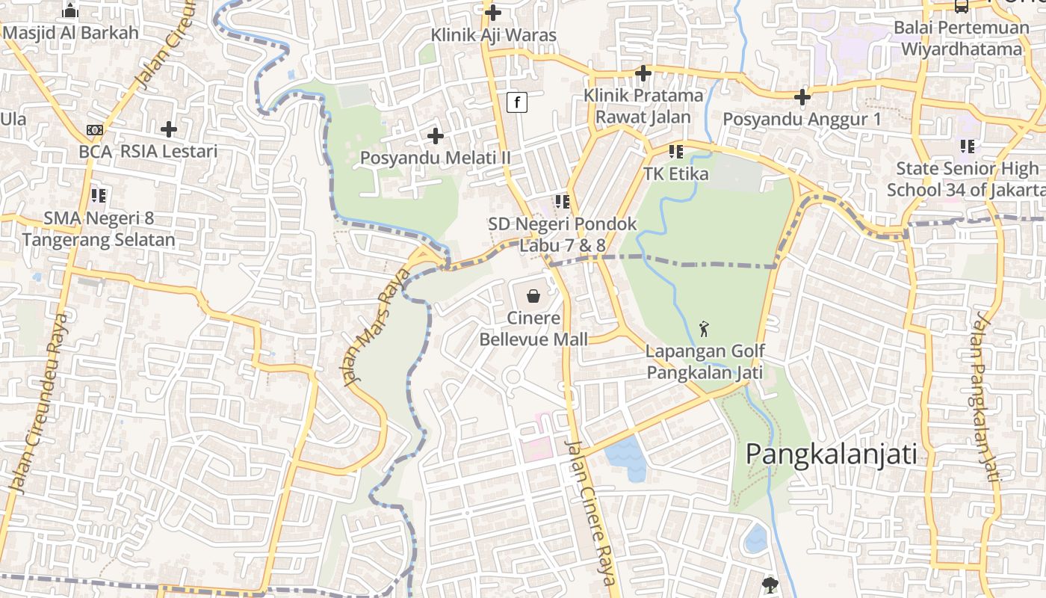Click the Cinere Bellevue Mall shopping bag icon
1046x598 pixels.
(x=533, y=296)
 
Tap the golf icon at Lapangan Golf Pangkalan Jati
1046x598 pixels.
(x=703, y=328)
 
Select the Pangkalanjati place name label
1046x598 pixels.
(x=831, y=454)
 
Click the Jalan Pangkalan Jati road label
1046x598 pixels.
(x=985, y=397)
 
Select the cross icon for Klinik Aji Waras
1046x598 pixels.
(x=492, y=12)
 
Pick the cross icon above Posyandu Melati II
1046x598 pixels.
(x=435, y=136)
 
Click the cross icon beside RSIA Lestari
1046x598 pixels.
(x=169, y=129)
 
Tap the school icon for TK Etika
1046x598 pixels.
(x=676, y=152)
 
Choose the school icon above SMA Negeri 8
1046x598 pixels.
(x=98, y=196)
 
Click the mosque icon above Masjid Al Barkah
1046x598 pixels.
(x=70, y=10)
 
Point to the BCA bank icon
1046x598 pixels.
(x=94, y=130)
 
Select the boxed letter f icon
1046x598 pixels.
(x=517, y=102)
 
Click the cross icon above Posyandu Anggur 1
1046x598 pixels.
(x=802, y=96)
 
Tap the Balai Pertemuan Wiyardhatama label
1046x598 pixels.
(x=961, y=38)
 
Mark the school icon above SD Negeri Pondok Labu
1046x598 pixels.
(x=563, y=201)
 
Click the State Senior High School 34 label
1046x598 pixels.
(x=965, y=179)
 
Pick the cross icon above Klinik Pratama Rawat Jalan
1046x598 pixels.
(x=643, y=73)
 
